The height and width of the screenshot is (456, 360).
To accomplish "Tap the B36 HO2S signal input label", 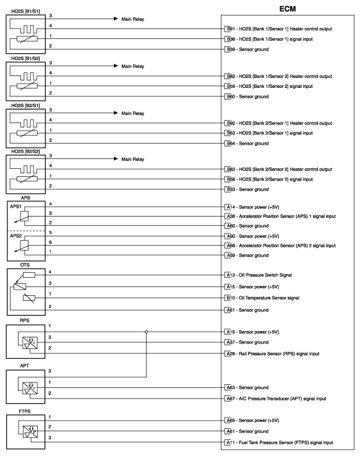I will (280, 39).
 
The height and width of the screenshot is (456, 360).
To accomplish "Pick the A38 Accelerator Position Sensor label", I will (280, 217).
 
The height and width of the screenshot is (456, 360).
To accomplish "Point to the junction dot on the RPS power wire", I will (147, 332).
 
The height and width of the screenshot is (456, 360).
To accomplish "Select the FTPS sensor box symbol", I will (25, 431).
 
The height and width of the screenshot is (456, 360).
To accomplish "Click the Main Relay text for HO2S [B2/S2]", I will (132, 159).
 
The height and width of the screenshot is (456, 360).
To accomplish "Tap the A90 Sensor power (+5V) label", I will (252, 236).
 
